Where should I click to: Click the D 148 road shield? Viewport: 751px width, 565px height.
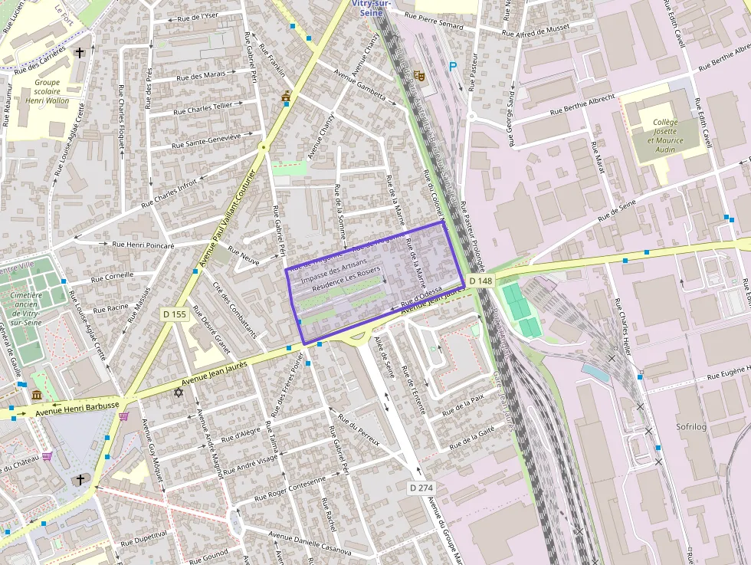(x=480, y=281)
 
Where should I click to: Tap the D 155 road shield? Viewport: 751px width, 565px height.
(x=175, y=314)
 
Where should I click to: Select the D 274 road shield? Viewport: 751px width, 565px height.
(x=421, y=488)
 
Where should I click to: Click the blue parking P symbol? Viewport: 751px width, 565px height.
(x=453, y=67)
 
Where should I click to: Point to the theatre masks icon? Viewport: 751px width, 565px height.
(x=418, y=75)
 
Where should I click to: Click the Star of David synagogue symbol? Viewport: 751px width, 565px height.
(x=179, y=393)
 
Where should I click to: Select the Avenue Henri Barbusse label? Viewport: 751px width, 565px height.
(x=77, y=410)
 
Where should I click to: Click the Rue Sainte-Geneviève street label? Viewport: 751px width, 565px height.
(x=206, y=140)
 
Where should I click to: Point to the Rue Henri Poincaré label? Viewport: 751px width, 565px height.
(x=143, y=245)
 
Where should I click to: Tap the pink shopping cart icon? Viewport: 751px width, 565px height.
(x=124, y=416)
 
